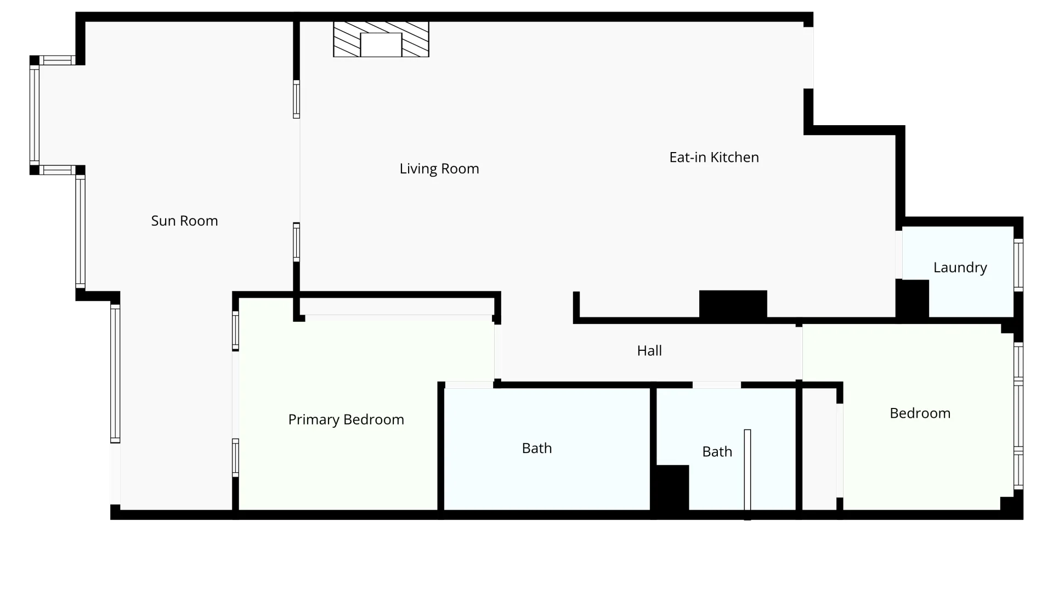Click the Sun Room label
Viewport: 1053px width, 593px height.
click(x=184, y=221)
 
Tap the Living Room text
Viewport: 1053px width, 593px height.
click(x=439, y=169)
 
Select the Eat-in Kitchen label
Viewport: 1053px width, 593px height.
click(x=714, y=158)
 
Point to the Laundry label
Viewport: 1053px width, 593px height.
click(x=960, y=267)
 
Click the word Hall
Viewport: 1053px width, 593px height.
click(x=649, y=351)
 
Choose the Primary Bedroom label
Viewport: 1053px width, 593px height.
click(x=346, y=420)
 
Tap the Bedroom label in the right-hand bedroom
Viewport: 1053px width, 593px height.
click(x=920, y=413)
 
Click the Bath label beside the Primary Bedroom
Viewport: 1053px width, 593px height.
click(x=537, y=449)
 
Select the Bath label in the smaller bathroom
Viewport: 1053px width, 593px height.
click(x=717, y=452)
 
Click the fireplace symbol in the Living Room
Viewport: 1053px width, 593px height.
click(x=381, y=39)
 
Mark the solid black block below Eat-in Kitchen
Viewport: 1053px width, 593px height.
click(x=733, y=305)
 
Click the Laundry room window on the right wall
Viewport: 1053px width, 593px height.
click(x=1018, y=266)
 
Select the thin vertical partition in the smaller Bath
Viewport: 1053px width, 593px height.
click(x=748, y=474)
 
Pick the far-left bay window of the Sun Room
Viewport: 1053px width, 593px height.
click(x=35, y=115)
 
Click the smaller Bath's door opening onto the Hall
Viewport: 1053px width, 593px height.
click(x=717, y=385)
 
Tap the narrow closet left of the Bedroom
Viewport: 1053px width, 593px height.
click(x=819, y=449)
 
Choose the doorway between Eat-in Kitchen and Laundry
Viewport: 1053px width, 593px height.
click(x=899, y=255)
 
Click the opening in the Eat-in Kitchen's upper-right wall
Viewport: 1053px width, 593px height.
click(x=808, y=58)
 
